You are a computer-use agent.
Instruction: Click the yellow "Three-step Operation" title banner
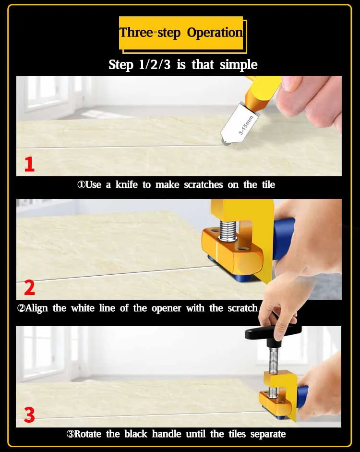click(x=181, y=33)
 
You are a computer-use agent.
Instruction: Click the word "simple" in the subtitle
click(x=239, y=64)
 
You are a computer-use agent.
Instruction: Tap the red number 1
click(x=29, y=164)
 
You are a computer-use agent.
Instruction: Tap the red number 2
click(x=29, y=288)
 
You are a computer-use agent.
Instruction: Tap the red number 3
click(x=29, y=415)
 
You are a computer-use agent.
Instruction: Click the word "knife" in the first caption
click(x=126, y=184)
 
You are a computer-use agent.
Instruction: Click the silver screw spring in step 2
click(x=228, y=231)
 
